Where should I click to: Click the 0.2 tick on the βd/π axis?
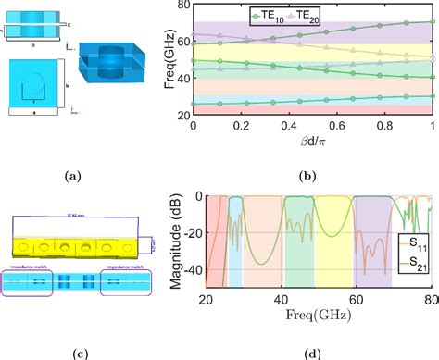[x=240, y=126]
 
